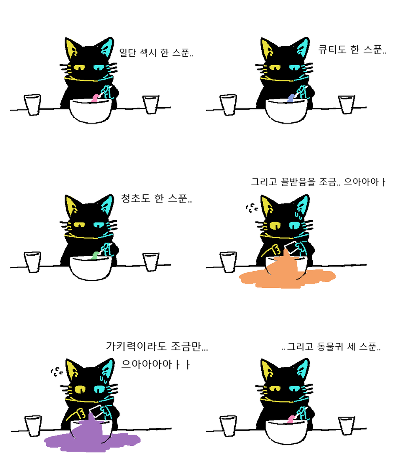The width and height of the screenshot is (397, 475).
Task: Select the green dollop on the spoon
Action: click(95, 255)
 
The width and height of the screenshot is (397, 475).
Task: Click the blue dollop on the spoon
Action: click(291, 98)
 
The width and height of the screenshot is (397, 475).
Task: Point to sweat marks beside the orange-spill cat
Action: click(251, 207)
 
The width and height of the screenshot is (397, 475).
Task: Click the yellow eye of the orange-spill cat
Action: click(275, 226)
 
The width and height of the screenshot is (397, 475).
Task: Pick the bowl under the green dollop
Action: click(91, 268)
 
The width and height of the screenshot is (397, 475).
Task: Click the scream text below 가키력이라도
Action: click(156, 365)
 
